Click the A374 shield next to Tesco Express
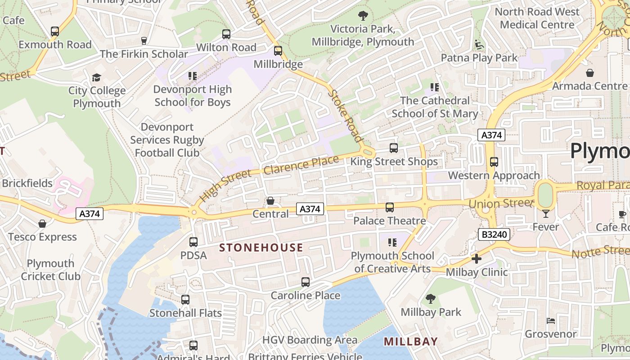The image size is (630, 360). tap(89, 214)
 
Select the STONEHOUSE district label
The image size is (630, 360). tap(261, 247)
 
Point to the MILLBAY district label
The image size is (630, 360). tap(411, 342)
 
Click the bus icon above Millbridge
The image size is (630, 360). tap(278, 51)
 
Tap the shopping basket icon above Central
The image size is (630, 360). tap(270, 201)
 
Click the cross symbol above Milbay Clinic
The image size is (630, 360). tap(476, 259)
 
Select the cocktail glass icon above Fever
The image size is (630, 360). tap(546, 213)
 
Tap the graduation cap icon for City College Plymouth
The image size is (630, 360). tap(96, 78)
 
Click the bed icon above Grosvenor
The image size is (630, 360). tap(551, 321)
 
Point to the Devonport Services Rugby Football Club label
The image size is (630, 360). tap(167, 140)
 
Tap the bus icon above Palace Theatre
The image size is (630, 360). tap(390, 207)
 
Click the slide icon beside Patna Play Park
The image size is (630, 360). tap(479, 45)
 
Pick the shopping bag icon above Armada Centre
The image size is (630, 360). tap(590, 73)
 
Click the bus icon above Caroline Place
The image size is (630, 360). tap(306, 282)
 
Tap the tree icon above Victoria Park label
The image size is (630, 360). tap(363, 16)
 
